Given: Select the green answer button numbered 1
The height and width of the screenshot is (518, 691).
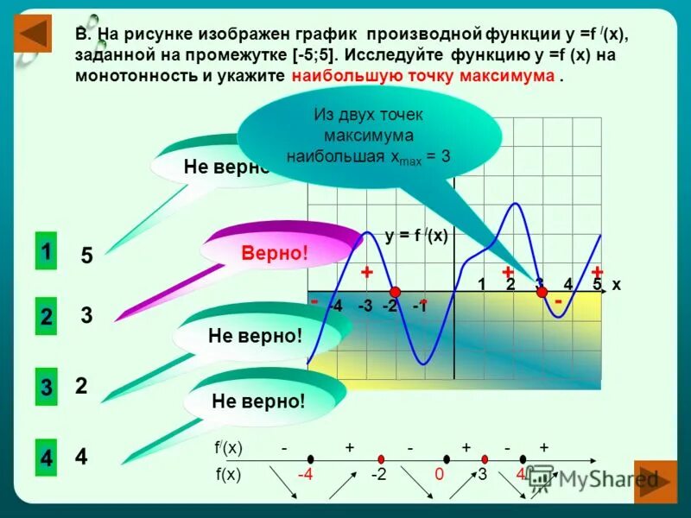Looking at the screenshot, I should coord(45,252).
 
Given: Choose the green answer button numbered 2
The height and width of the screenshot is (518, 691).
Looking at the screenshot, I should coord(46,317).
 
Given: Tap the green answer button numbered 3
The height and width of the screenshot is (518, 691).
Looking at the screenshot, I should coord(46,388).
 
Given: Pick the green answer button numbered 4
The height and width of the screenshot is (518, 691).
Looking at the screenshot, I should coord(46,458).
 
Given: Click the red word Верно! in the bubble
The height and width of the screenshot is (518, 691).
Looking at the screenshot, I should coord(275,254).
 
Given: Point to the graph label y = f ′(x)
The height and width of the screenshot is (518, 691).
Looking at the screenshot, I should coord(416,235).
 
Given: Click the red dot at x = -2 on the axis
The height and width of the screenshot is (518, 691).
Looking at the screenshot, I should coord(394,292).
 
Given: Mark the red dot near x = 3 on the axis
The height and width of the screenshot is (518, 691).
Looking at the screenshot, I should coord(542,292).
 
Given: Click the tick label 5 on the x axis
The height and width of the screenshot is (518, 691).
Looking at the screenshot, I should coord(597,284).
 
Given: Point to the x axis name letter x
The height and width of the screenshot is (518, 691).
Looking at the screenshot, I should coord(616,284).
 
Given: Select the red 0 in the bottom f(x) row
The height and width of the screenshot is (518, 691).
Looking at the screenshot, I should coord(439,474).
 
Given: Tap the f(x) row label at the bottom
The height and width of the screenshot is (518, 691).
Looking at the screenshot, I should coord(228,474).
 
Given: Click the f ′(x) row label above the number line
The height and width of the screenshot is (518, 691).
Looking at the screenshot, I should coord(228,448).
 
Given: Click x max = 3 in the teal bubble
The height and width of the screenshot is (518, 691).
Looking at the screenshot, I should coord(422,158).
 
